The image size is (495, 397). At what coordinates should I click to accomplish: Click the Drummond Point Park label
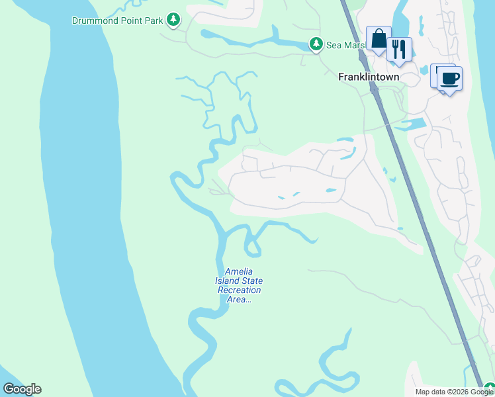(118, 21)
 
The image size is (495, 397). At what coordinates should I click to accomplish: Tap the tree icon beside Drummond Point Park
(173, 20)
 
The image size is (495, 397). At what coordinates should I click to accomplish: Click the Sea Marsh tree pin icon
(316, 44)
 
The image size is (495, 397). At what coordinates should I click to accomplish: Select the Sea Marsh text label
(345, 45)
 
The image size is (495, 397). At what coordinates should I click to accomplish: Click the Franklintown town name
(369, 77)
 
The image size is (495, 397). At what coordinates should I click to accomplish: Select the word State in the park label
(251, 281)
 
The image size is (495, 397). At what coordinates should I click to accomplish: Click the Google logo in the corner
(22, 389)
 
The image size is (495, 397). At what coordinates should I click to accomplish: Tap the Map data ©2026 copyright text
(454, 392)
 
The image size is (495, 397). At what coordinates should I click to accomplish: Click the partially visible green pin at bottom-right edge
(489, 390)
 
